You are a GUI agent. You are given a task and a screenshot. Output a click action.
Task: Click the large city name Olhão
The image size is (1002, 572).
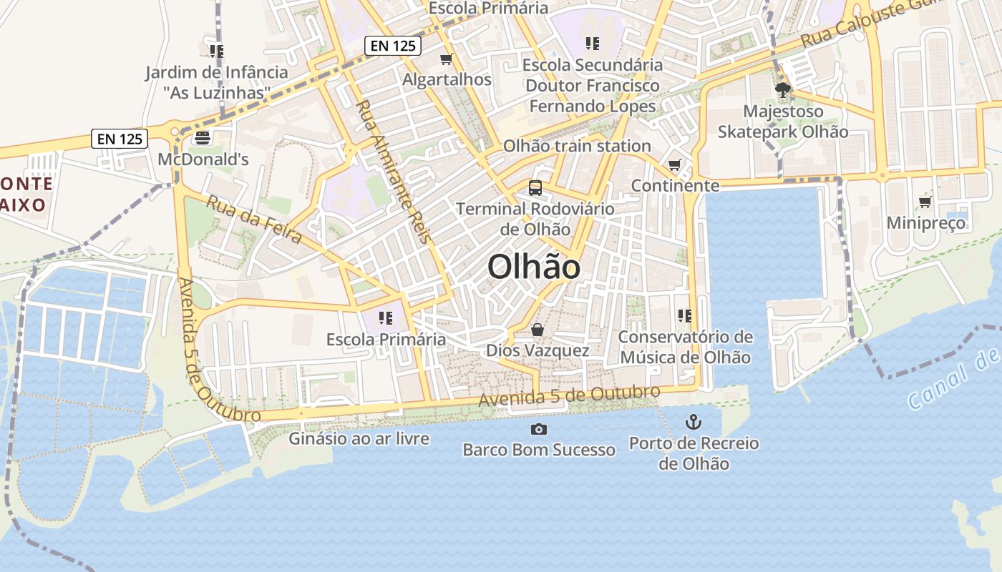534,267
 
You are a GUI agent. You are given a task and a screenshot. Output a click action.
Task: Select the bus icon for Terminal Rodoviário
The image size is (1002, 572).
535,188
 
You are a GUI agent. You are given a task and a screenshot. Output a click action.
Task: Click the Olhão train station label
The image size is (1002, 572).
577,146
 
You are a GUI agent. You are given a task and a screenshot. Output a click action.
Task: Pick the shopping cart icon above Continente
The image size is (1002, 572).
674,166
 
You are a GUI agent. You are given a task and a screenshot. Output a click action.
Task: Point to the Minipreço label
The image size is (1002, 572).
925,223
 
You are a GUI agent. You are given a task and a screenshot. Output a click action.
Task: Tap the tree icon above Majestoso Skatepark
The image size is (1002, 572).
783,90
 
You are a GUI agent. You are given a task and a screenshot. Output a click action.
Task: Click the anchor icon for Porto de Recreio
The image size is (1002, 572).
693,422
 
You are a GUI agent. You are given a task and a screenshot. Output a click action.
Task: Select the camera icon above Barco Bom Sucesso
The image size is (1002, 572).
538,429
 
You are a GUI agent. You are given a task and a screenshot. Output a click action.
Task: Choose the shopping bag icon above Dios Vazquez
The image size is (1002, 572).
537,330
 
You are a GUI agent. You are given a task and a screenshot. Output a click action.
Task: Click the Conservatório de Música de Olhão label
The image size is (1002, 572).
686,347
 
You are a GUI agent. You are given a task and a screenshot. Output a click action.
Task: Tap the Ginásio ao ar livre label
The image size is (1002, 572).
359,438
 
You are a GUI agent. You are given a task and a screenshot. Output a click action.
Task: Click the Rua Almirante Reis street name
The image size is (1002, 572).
394,171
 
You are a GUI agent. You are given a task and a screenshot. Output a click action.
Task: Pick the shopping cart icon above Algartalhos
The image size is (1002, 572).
447,59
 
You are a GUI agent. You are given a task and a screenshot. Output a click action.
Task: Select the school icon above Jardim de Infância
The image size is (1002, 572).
216,51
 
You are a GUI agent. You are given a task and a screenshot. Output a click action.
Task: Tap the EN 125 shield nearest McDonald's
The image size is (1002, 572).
120,139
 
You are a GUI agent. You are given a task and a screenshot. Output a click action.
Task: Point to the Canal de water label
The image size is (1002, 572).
952,380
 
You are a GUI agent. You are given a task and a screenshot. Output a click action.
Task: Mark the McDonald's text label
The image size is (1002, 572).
203,159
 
